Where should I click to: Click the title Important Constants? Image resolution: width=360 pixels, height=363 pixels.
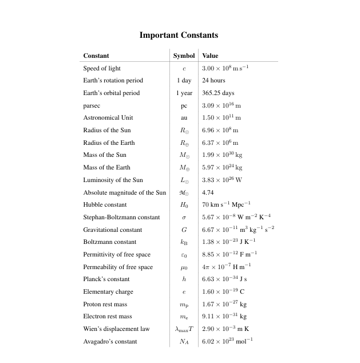(179, 35)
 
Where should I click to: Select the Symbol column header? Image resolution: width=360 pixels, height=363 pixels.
(184, 56)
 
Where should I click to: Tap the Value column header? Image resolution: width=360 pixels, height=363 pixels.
(210, 56)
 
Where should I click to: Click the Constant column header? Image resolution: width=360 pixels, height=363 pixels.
(96, 56)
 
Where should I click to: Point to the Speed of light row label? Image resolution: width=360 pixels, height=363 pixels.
(102, 68)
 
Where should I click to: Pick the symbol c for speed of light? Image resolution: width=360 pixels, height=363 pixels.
(184, 69)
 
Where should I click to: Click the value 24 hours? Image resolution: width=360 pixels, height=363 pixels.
(213, 81)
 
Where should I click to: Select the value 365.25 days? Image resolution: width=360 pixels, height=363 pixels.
(219, 93)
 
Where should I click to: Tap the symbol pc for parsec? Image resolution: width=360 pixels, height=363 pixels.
(184, 106)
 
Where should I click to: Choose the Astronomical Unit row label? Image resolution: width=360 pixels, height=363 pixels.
(108, 117)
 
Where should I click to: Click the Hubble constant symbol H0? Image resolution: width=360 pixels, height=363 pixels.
(184, 205)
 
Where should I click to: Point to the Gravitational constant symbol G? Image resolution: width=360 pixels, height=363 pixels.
(184, 230)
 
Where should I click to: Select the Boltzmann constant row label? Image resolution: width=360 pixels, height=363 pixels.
(110, 242)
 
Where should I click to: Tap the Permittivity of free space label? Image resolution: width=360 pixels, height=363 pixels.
(117, 254)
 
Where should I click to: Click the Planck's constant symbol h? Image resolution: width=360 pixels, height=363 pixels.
(184, 279)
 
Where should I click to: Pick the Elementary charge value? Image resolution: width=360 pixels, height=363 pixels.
(223, 291)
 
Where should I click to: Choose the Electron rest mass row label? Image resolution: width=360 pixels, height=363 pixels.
(108, 316)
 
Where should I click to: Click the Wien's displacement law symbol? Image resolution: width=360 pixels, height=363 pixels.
(184, 329)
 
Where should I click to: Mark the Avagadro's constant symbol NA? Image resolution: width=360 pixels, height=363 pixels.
(184, 342)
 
